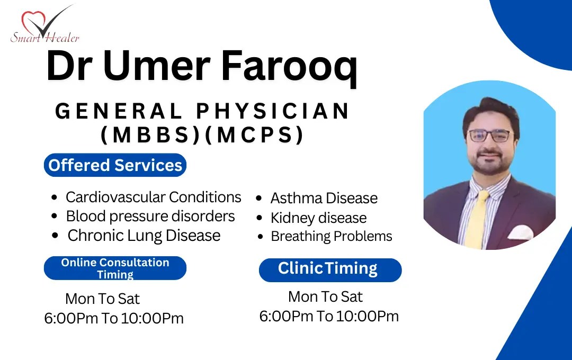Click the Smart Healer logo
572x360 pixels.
44,25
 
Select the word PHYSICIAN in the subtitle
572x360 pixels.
273,111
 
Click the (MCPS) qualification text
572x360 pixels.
255,134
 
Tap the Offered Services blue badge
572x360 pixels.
115,165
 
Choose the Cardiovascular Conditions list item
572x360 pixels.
153,197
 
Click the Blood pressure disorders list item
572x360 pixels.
150,217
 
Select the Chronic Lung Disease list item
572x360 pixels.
144,236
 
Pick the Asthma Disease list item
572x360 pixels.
324,199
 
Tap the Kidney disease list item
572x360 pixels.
318,218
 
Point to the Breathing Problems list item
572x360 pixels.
331,236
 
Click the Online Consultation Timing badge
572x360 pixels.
115,268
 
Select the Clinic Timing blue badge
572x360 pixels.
330,271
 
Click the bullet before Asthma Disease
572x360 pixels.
259,199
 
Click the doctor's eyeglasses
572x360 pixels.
490,136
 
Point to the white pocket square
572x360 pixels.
521,232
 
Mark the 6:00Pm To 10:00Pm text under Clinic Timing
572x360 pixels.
329,316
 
